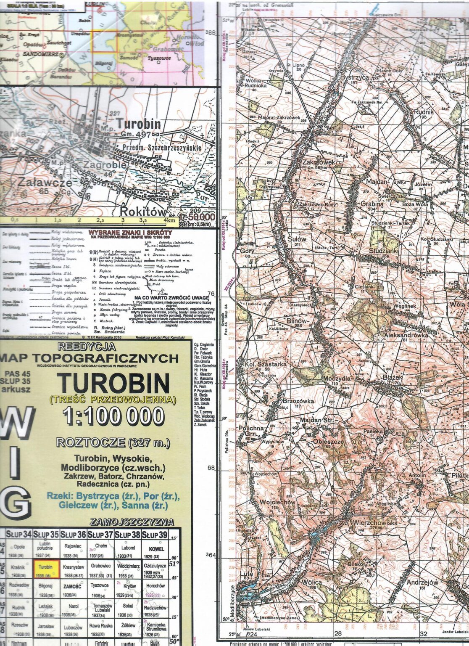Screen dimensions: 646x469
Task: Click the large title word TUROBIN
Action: click(x=113, y=383)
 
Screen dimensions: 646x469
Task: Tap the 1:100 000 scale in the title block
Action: click(x=113, y=416)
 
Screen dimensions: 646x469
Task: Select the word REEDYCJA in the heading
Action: click(x=87, y=347)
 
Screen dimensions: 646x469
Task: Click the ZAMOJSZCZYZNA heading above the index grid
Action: click(x=132, y=522)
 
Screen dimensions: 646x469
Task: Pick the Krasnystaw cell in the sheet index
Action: click(x=74, y=569)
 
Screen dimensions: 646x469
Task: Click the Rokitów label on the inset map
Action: click(x=143, y=211)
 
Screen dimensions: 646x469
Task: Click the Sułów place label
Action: click(x=297, y=239)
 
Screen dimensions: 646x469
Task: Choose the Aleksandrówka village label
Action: click(x=406, y=335)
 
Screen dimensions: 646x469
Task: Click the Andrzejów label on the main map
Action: click(x=422, y=582)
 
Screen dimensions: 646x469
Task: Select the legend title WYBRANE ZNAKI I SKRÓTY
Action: click(x=130, y=232)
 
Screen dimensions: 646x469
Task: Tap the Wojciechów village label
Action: click(x=277, y=502)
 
